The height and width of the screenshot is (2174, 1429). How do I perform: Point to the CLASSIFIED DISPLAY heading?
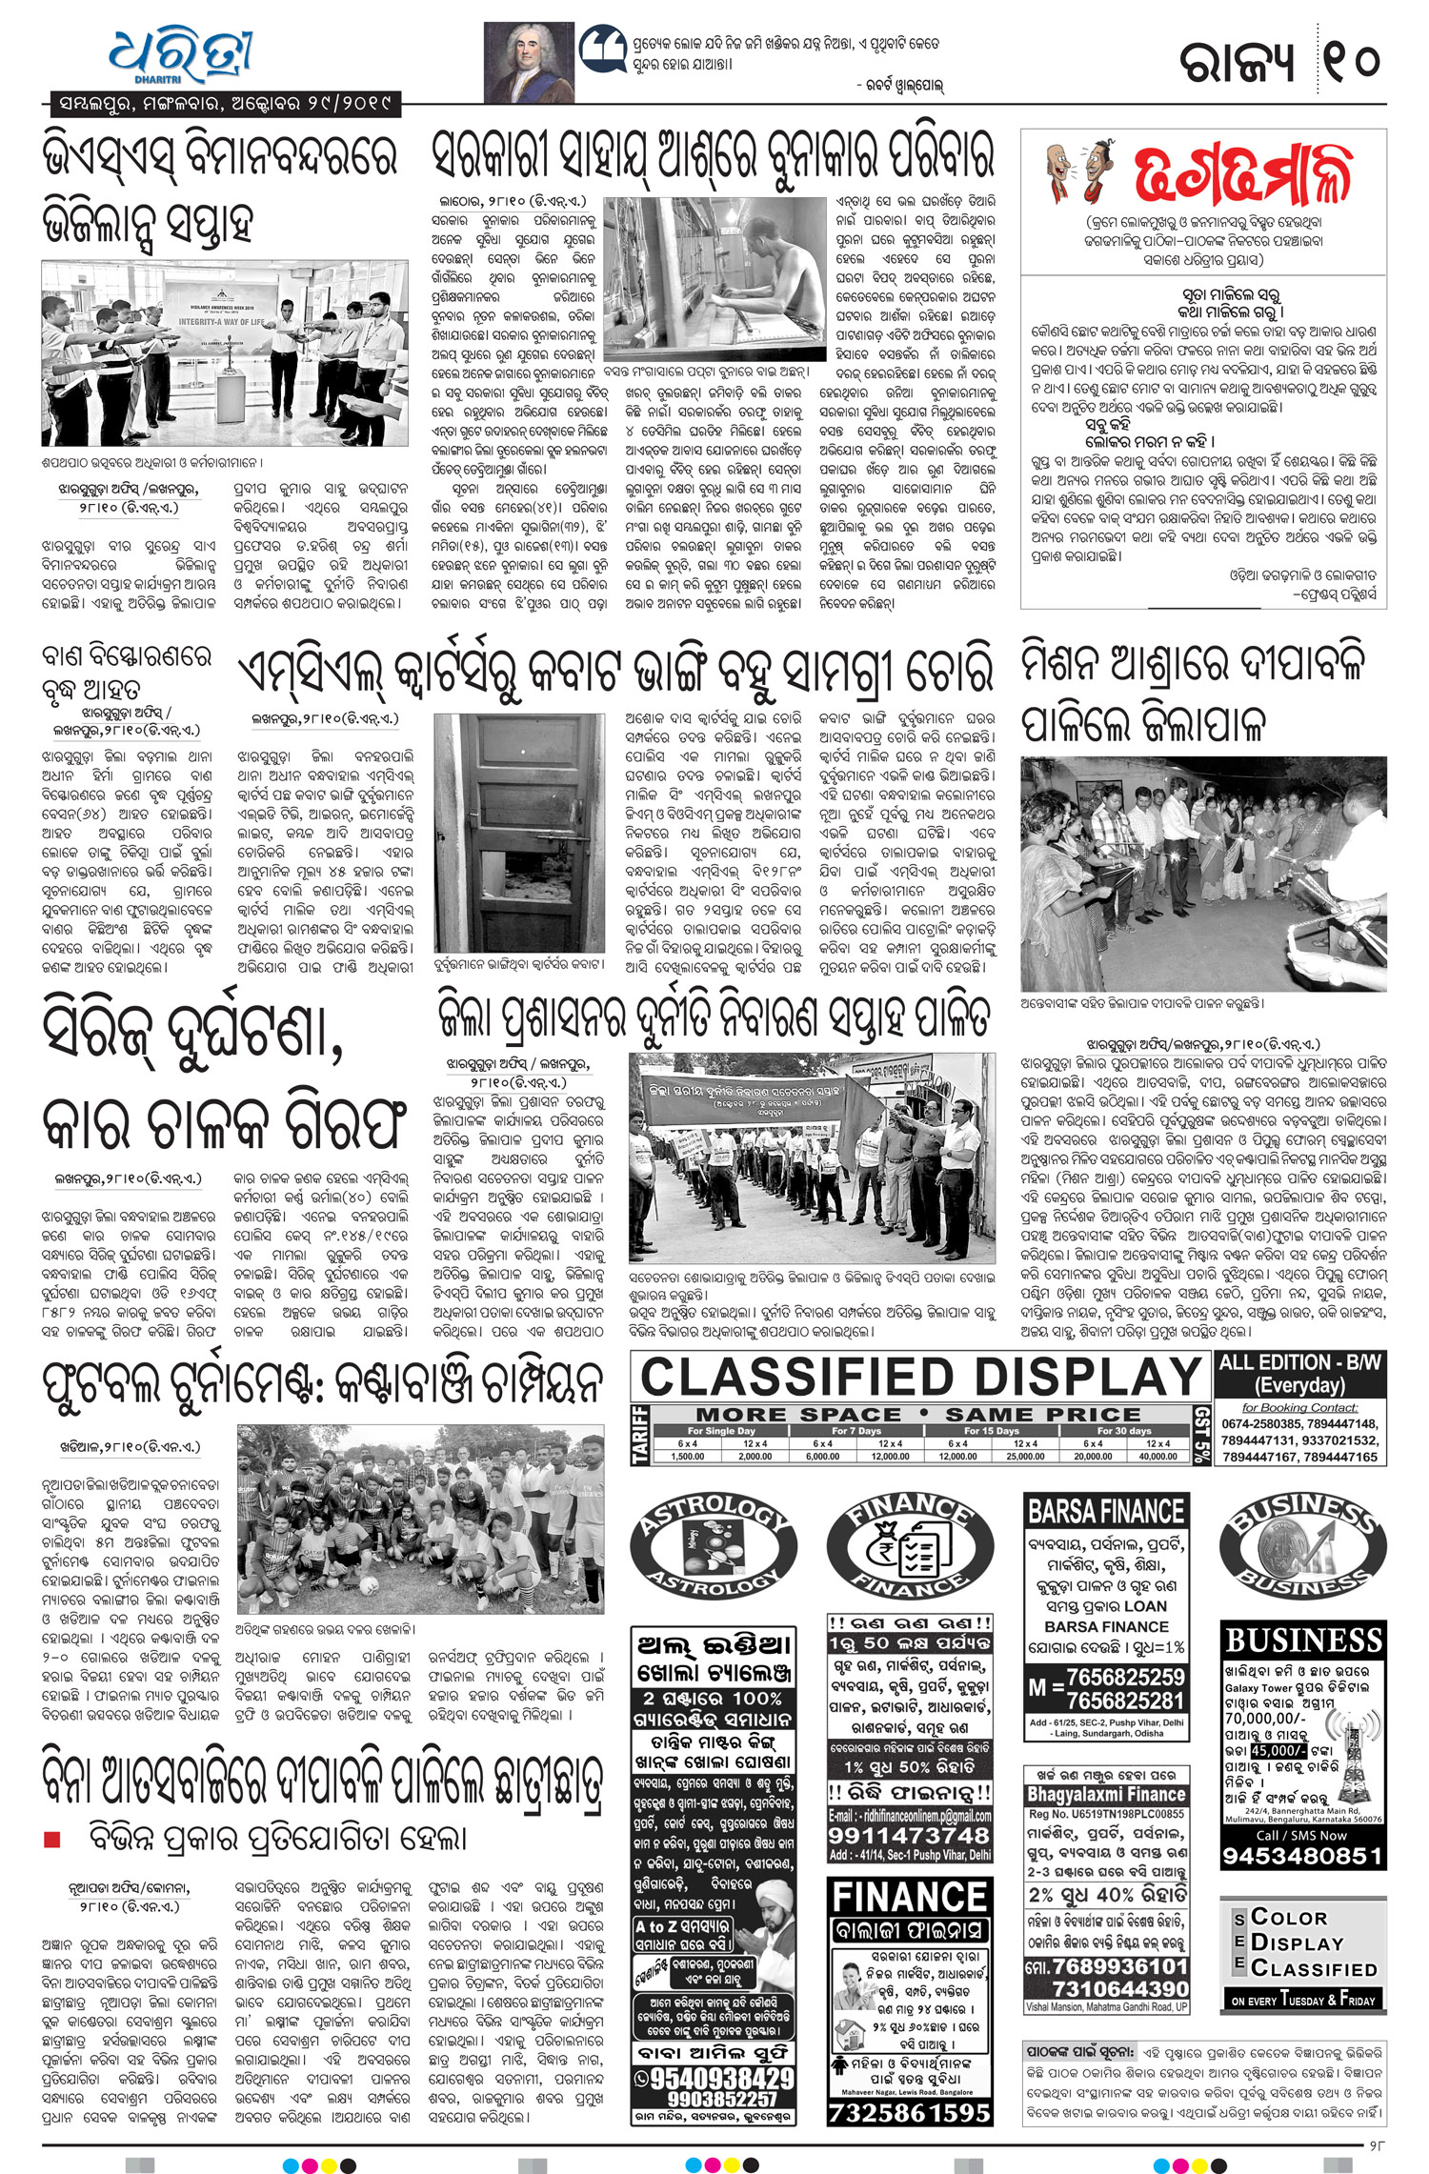point(920,1378)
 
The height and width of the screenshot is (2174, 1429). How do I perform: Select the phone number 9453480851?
point(1302,1856)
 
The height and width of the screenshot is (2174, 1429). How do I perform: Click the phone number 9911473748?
point(910,1836)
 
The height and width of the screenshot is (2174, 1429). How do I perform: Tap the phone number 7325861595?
point(910,2112)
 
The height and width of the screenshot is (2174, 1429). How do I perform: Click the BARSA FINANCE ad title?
point(1106,1512)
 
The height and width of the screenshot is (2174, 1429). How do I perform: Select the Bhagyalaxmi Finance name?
point(1106,1794)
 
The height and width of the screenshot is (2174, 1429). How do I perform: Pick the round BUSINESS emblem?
point(1302,1542)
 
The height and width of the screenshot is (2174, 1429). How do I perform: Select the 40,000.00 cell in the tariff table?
point(1157,1457)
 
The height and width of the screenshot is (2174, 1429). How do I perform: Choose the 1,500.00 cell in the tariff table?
point(688,1457)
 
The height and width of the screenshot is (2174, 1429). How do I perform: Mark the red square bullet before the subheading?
point(52,1839)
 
